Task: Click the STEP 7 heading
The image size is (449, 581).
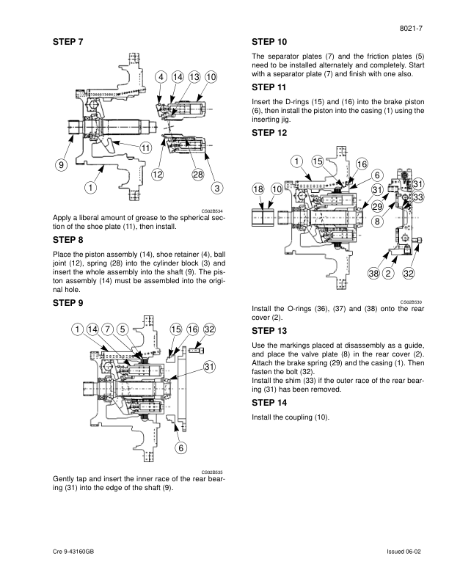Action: [69, 41]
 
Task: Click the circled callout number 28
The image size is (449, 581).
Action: [197, 175]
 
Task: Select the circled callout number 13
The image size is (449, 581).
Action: [194, 77]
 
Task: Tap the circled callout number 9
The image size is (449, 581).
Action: [59, 165]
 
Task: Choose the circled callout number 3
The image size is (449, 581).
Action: [216, 188]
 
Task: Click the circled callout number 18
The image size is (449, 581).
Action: [258, 189]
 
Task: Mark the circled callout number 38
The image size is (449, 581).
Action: [374, 274]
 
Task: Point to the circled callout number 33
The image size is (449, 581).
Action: [418, 197]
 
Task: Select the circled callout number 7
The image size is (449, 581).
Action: [107, 329]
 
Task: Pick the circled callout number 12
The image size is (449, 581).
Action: [158, 175]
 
